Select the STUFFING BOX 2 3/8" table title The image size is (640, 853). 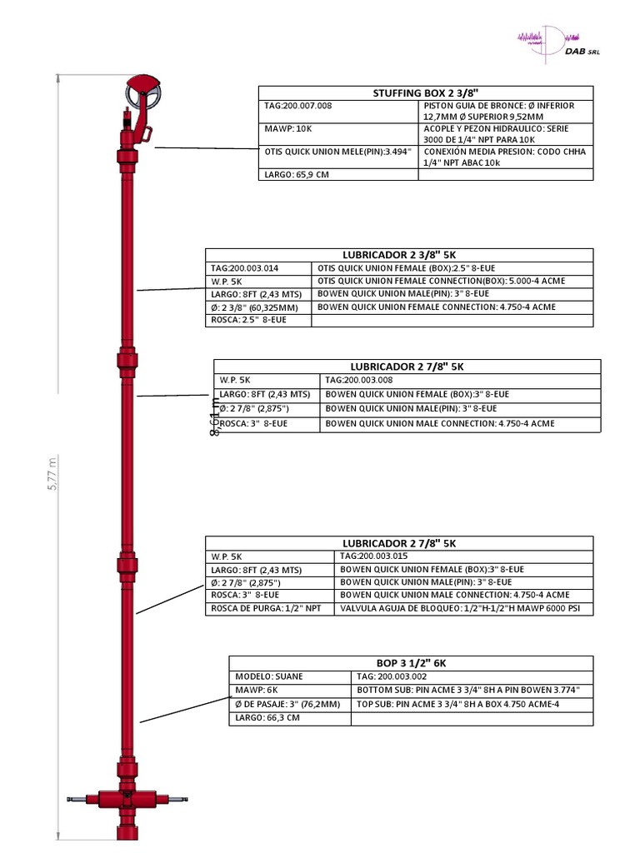[x=425, y=93]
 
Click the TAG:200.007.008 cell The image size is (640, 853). [x=297, y=106]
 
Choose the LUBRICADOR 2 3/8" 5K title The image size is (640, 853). [x=399, y=255]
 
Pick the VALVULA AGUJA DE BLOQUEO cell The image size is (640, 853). [x=465, y=609]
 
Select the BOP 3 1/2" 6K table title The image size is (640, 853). [x=412, y=663]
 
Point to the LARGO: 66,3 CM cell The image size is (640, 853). [x=267, y=718]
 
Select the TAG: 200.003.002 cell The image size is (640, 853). [x=392, y=677]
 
